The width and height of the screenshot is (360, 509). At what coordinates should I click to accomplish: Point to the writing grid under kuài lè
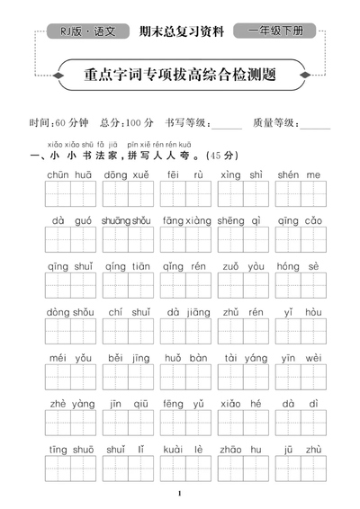click(185, 469)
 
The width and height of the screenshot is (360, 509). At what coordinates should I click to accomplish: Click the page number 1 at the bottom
click(180, 494)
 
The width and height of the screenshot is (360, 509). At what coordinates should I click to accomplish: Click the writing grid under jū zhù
click(301, 469)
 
